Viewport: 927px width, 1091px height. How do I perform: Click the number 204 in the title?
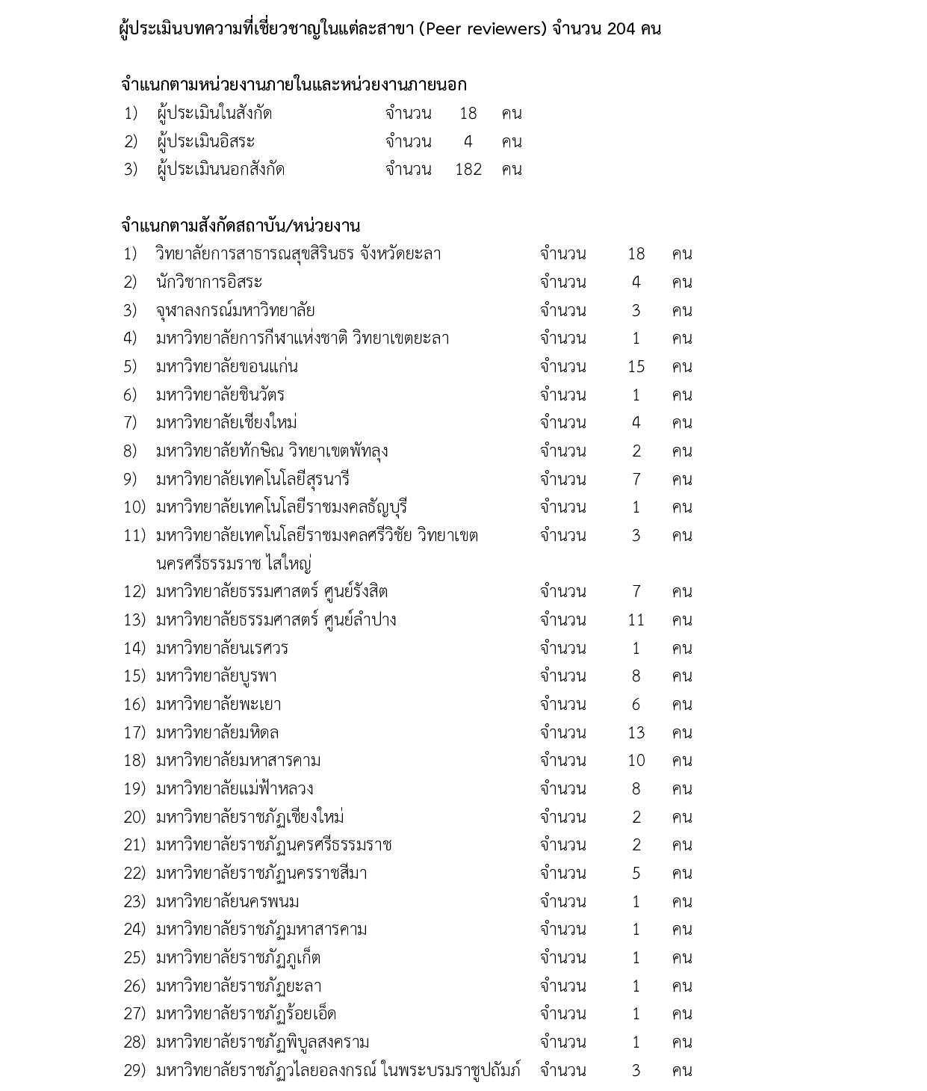pos(621,30)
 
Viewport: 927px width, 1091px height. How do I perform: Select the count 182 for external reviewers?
pos(468,170)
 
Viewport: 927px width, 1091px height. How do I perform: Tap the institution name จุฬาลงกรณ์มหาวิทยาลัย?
pos(235,310)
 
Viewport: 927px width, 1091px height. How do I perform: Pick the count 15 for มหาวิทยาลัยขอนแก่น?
pos(636,367)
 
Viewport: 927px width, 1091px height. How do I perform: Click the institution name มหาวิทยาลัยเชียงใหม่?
pos(227,423)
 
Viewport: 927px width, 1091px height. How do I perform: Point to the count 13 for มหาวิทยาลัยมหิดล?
pos(636,733)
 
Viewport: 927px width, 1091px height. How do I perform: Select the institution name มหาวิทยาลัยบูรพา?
pos(217,676)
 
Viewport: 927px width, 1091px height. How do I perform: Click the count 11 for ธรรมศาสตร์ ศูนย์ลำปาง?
pos(636,620)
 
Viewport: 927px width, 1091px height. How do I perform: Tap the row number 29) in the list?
pos(134,1071)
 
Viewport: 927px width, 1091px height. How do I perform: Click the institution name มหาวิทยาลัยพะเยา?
pos(219,705)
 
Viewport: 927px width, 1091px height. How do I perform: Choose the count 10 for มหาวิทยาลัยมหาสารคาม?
pos(636,761)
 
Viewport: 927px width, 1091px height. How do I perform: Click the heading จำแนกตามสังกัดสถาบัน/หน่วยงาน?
pos(241,226)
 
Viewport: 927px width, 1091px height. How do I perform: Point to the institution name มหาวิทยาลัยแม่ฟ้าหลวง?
pos(235,789)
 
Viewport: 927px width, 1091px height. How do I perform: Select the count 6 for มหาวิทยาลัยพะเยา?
pos(636,705)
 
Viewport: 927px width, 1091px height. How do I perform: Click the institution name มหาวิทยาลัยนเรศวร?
pos(222,649)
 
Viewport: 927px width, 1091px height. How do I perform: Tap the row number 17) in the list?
pos(134,733)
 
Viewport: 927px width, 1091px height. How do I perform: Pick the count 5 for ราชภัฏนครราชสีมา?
pos(636,874)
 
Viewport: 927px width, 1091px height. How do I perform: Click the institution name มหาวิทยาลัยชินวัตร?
pos(220,395)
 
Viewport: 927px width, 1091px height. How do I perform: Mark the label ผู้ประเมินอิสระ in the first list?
pos(206,142)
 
